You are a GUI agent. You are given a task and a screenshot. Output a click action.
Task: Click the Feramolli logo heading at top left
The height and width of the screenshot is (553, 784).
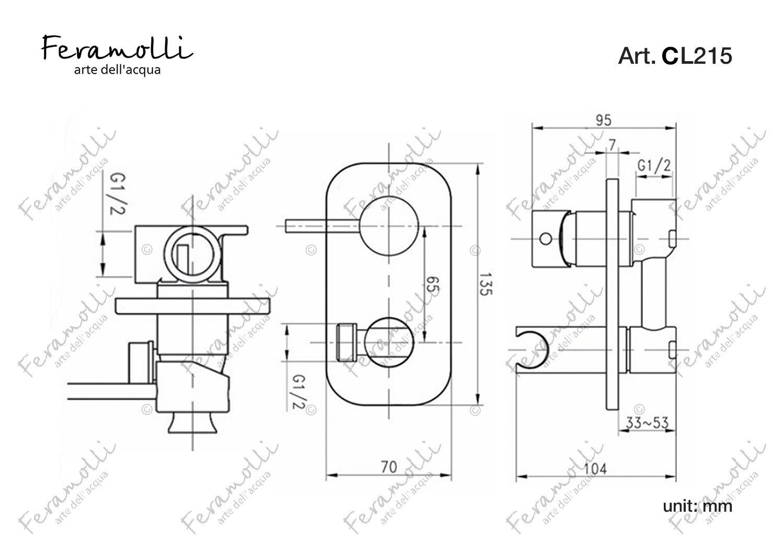click(117, 48)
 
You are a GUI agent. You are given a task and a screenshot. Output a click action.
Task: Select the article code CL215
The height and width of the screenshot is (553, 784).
click(697, 56)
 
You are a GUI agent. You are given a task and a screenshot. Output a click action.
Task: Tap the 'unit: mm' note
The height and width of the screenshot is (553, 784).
click(698, 506)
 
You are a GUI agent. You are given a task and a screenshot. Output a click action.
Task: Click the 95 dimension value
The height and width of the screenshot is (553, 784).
click(603, 120)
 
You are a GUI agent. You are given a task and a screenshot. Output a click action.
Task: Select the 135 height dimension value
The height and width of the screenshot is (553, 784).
click(486, 284)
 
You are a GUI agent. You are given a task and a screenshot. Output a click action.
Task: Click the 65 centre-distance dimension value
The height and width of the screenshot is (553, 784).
click(433, 284)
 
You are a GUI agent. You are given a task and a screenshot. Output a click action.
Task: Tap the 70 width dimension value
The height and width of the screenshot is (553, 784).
click(388, 467)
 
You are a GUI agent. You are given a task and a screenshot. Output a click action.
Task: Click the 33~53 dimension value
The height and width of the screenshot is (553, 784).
click(647, 423)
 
